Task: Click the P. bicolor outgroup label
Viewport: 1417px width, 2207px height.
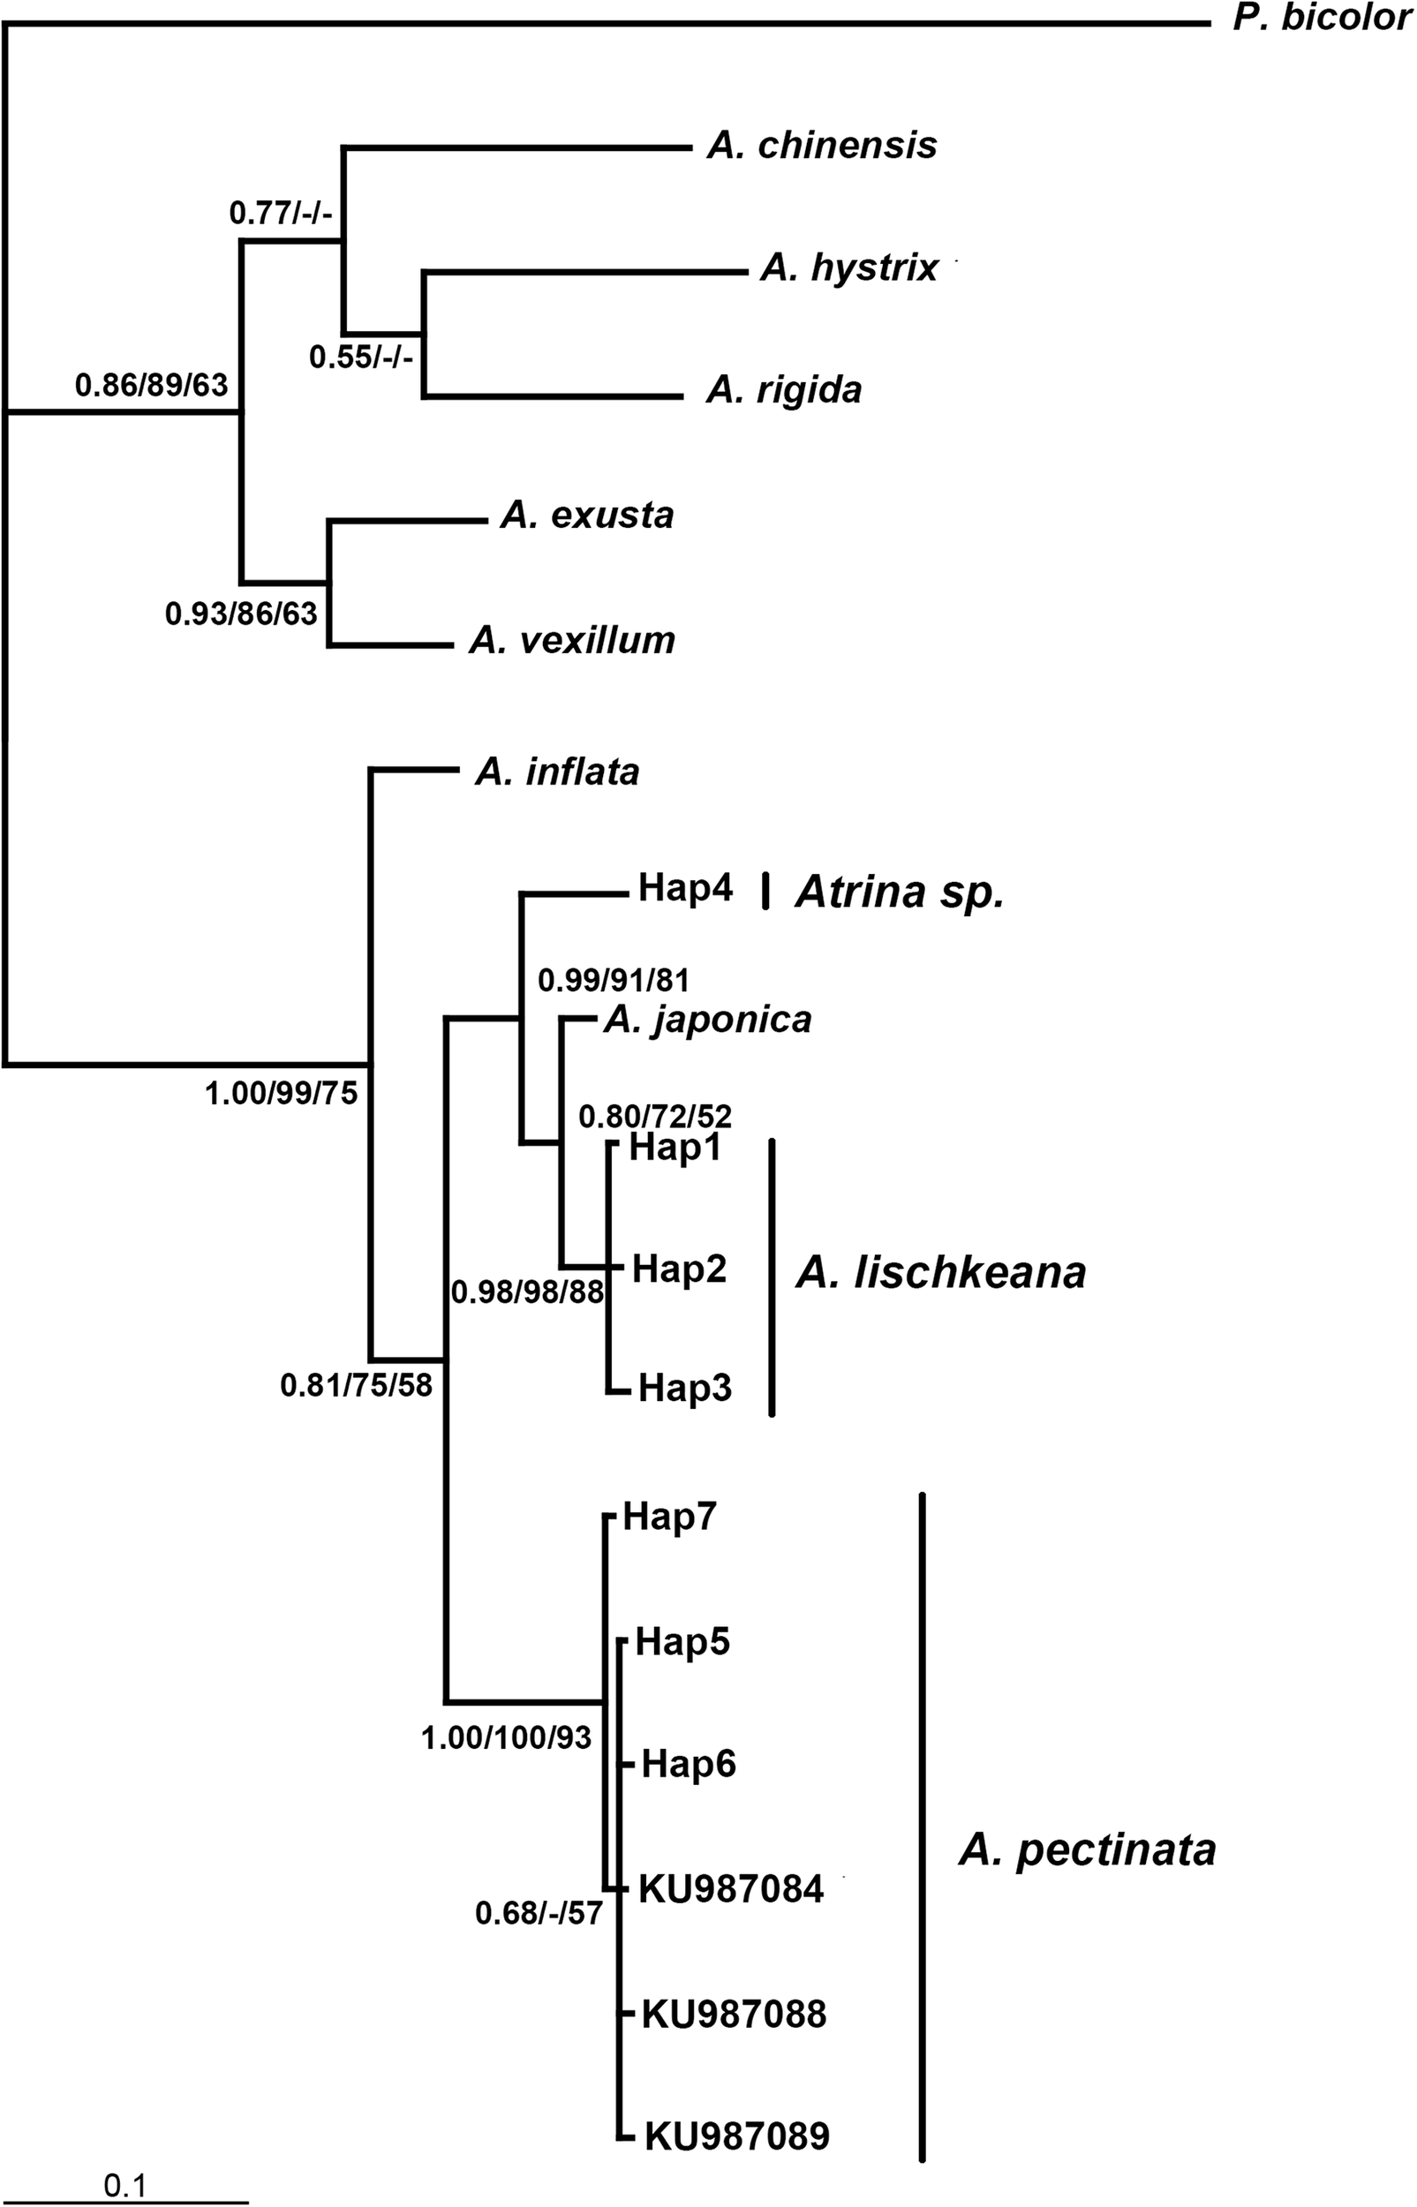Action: [x=1322, y=19]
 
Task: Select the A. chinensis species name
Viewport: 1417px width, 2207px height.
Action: [x=822, y=146]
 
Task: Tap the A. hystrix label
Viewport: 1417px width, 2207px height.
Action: [x=848, y=267]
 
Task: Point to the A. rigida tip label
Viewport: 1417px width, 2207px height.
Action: [x=784, y=390]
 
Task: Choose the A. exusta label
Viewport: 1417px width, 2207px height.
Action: [x=587, y=516]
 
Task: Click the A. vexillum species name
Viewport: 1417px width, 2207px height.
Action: [x=572, y=640]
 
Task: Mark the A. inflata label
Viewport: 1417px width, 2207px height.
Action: [x=557, y=772]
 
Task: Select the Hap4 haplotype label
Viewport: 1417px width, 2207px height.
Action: [x=685, y=890]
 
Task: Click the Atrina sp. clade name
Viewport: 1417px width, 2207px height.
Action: [x=899, y=892]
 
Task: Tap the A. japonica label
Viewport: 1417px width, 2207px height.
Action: [x=707, y=1020]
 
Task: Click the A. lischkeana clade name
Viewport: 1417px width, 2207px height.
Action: [x=940, y=1273]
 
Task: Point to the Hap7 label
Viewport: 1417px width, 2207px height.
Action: [x=669, y=1517]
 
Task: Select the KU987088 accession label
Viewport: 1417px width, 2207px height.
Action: [x=734, y=2015]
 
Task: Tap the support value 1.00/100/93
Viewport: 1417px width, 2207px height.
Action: [x=506, y=1736]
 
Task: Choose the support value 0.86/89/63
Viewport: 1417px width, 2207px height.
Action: [x=151, y=385]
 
